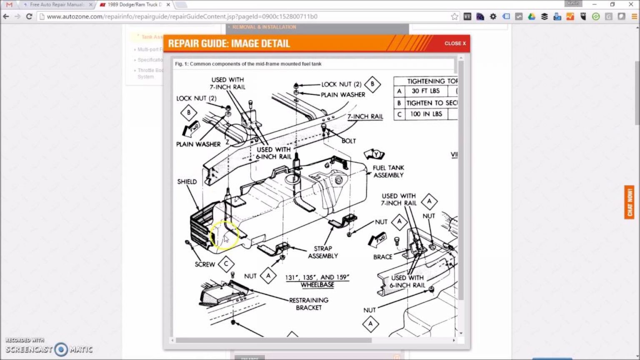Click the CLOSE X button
tap(455, 43)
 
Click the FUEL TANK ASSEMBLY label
tap(388, 171)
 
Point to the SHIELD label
tap(187, 182)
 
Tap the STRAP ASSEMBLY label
tap(323, 252)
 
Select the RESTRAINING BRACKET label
tap(309, 304)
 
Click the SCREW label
tap(205, 264)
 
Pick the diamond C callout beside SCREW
tap(226, 264)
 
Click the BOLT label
tap(348, 141)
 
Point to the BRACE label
tap(382, 257)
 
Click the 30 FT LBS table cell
tap(425, 91)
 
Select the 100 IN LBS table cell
tap(426, 114)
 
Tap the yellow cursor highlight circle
tap(225, 235)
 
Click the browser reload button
tap(29, 17)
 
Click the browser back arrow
tap(6, 17)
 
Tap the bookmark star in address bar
tap(454, 17)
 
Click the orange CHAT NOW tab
tap(629, 202)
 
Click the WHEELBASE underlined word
tap(317, 285)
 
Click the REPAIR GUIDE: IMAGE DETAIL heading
tap(229, 43)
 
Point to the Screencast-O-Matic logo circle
tap(61, 349)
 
